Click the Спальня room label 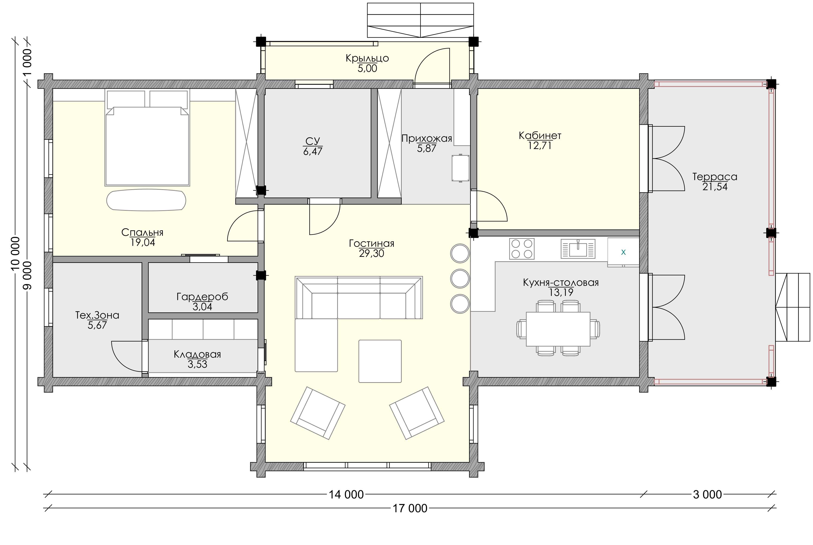coord(142,232)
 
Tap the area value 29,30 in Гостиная coord(372,253)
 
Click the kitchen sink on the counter coord(578,248)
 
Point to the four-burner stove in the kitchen coord(522,248)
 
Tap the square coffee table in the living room coord(380,361)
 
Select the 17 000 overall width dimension coord(410,508)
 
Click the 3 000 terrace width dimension coord(707,494)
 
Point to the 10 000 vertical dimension coord(15,254)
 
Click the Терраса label coord(715,177)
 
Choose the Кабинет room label coord(540,136)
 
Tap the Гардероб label coord(202,297)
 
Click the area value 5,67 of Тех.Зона coord(97,325)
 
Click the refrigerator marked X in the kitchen coord(623,252)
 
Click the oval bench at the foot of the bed coord(146,200)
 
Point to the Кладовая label coord(197,354)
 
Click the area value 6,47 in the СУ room coord(313,151)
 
